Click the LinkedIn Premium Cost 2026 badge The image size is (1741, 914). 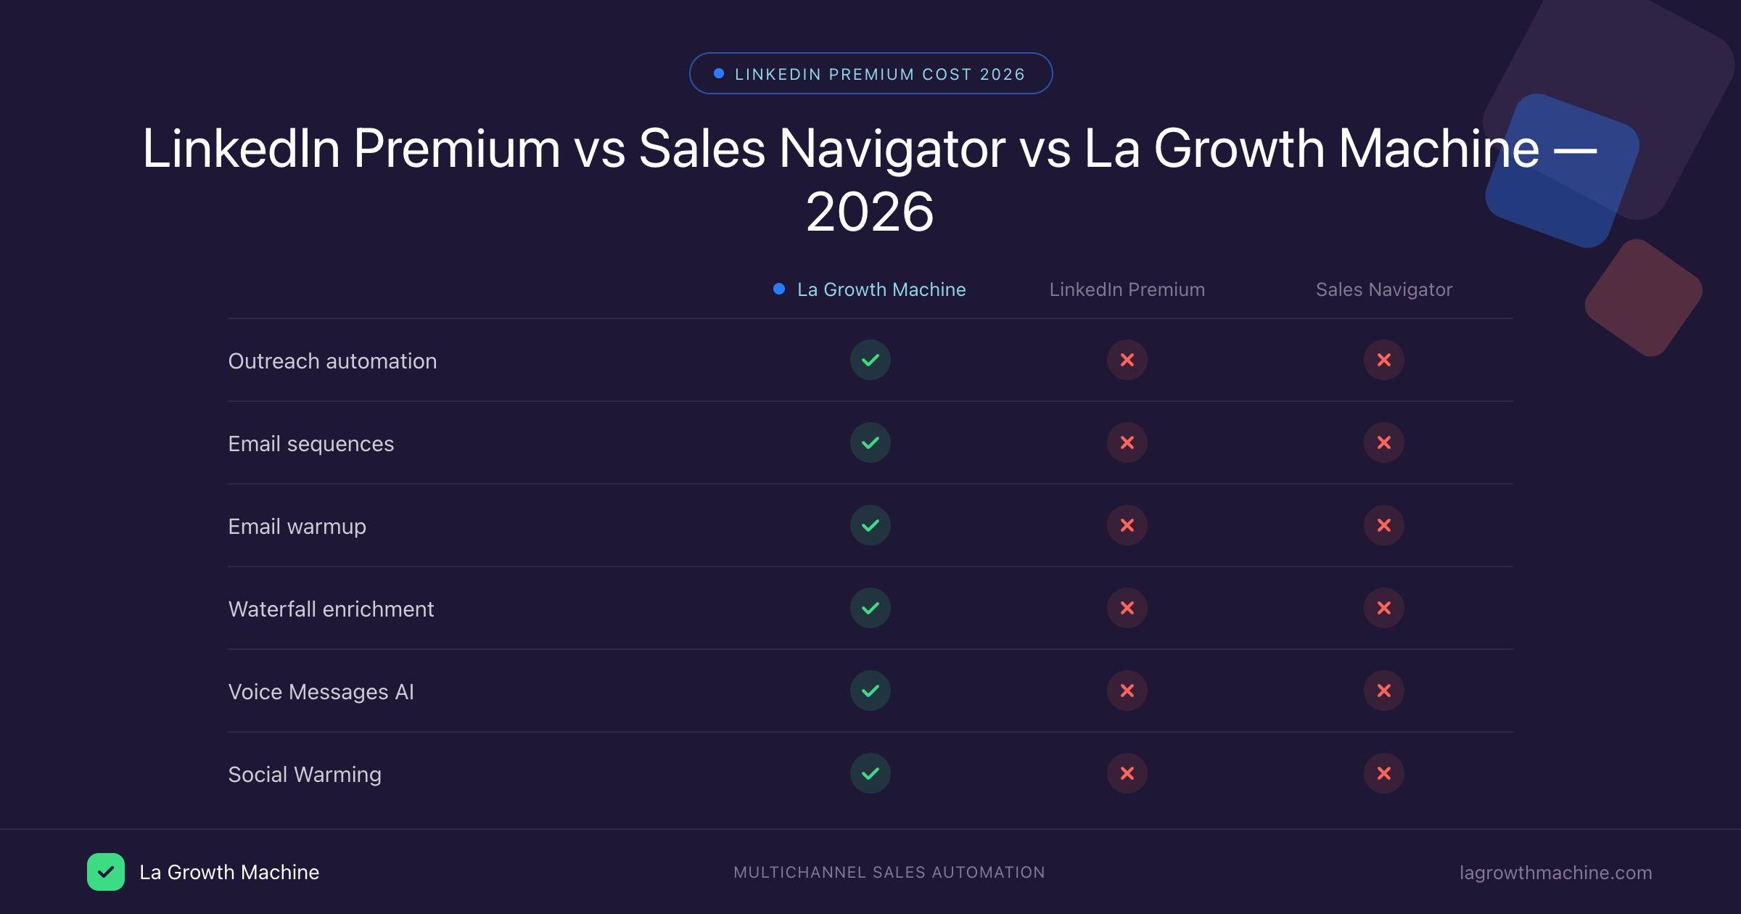click(x=870, y=73)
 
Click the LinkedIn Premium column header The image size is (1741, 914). click(x=1127, y=289)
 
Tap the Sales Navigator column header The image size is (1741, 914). click(x=1383, y=289)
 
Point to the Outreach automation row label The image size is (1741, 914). click(x=332, y=361)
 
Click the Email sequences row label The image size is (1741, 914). click(x=310, y=443)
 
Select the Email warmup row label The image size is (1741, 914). click(x=297, y=526)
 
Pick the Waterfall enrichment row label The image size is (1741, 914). click(x=331, y=609)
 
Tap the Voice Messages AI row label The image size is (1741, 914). click(x=321, y=691)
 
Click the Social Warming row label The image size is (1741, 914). click(x=304, y=774)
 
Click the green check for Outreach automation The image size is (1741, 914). click(x=870, y=360)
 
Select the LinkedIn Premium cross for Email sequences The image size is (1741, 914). click(x=1127, y=442)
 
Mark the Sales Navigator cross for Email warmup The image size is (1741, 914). click(x=1383, y=525)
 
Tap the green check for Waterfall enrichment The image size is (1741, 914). click(x=870, y=608)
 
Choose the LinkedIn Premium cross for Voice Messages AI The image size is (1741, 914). click(x=1127, y=691)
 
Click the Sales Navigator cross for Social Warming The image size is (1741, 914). click(x=1383, y=773)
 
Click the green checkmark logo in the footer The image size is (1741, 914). click(x=106, y=872)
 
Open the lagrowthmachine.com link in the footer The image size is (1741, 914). click(x=1555, y=873)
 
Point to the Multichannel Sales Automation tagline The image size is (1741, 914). click(x=889, y=873)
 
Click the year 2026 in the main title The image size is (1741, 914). click(x=870, y=212)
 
